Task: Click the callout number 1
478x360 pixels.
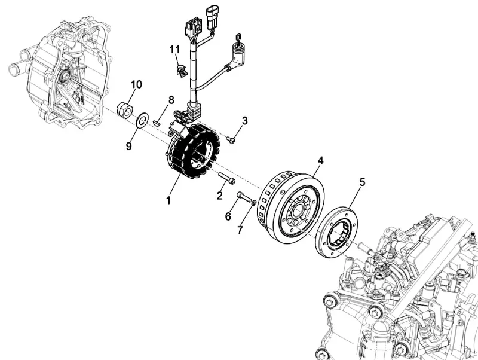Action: coord(168,201)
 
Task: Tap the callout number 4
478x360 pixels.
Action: coord(320,161)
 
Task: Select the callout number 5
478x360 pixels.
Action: coord(362,181)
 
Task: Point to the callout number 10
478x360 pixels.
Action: coord(136,84)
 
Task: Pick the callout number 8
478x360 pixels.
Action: coord(171,100)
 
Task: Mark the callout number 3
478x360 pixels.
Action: coord(244,121)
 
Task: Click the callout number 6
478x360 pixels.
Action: coord(228,216)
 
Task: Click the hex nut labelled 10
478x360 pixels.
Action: coord(125,110)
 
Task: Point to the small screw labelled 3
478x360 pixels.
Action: coord(231,140)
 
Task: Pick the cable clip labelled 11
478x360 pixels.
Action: coord(179,69)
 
